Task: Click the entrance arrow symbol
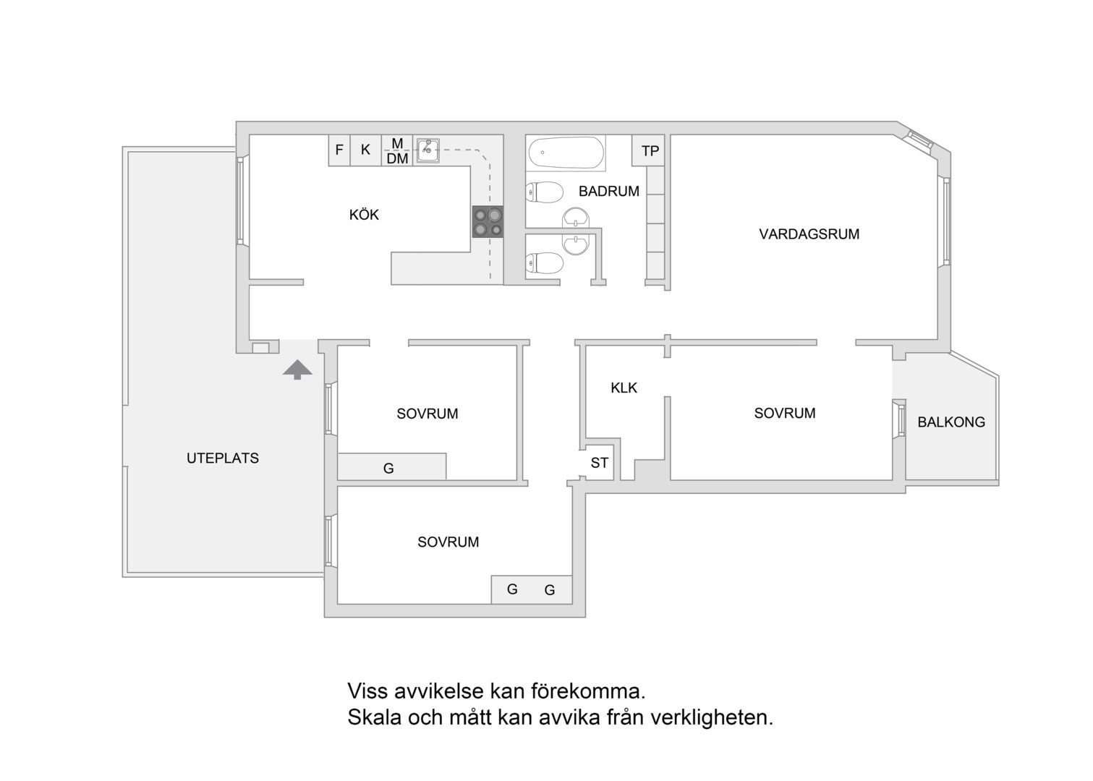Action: tap(297, 370)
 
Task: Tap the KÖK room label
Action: tap(364, 215)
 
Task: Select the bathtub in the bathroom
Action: tap(566, 153)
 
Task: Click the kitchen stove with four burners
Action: tap(488, 222)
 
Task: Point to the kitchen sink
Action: tap(428, 150)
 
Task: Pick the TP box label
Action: tap(650, 150)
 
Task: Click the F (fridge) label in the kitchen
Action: tap(339, 150)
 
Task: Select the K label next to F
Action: tap(365, 150)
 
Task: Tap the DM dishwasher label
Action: tap(397, 158)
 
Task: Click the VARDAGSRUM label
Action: tap(809, 234)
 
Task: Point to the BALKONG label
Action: tap(951, 422)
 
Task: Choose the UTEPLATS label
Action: tap(223, 458)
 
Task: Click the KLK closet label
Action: tap(624, 388)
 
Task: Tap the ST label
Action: tap(600, 463)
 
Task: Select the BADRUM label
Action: tap(609, 191)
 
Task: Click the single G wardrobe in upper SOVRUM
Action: tap(388, 469)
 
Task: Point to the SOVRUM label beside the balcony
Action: tap(785, 413)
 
